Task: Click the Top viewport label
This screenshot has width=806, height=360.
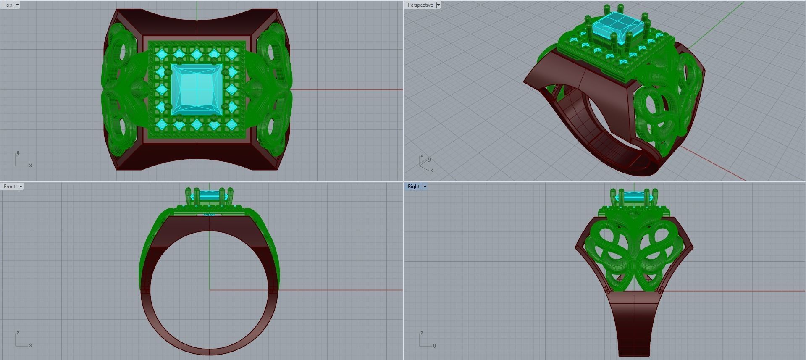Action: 8,5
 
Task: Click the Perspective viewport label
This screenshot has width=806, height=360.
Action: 420,5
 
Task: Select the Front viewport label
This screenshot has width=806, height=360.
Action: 10,187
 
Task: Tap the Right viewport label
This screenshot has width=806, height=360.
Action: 413,187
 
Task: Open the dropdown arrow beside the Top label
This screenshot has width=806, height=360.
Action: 18,5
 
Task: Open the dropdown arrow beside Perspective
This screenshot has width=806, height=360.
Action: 438,5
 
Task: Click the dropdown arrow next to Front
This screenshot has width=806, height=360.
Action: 21,187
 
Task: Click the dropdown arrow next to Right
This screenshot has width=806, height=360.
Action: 425,187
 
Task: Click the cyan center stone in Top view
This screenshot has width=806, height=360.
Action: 197,89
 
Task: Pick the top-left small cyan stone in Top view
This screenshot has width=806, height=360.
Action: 161,54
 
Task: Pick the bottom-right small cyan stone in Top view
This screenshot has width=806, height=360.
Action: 231,124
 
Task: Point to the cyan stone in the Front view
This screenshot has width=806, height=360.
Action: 209,196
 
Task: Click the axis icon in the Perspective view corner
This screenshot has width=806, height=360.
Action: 425,163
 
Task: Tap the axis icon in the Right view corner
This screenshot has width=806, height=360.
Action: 426,340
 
